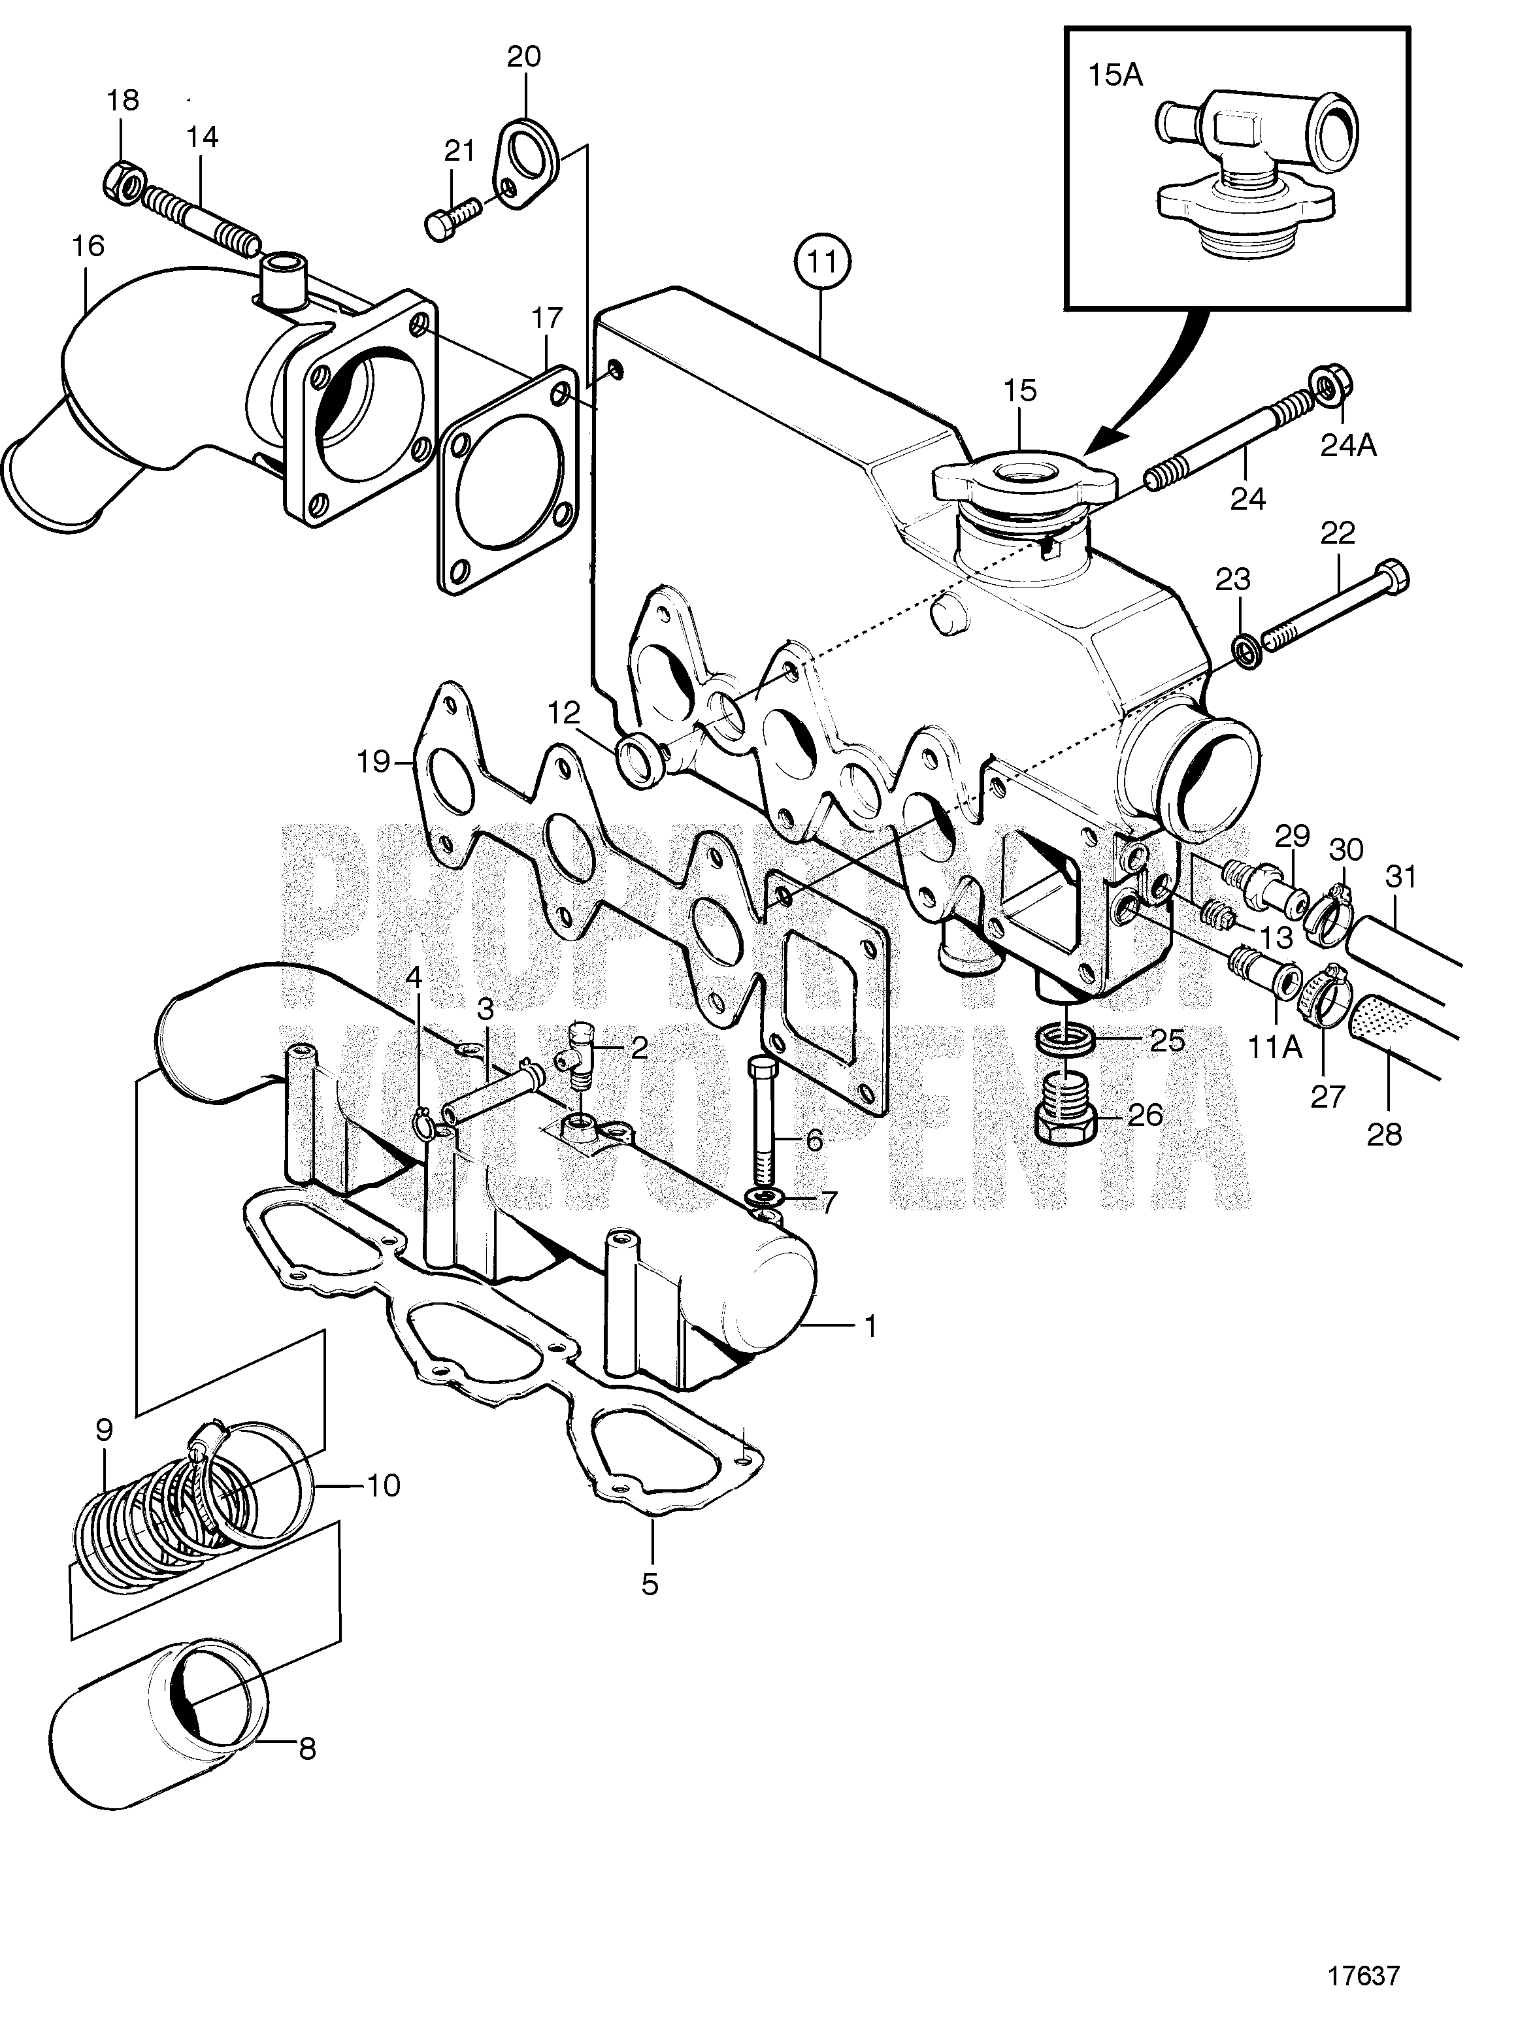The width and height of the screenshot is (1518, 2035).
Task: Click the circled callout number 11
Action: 823,263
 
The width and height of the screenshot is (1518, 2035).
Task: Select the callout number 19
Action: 373,761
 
